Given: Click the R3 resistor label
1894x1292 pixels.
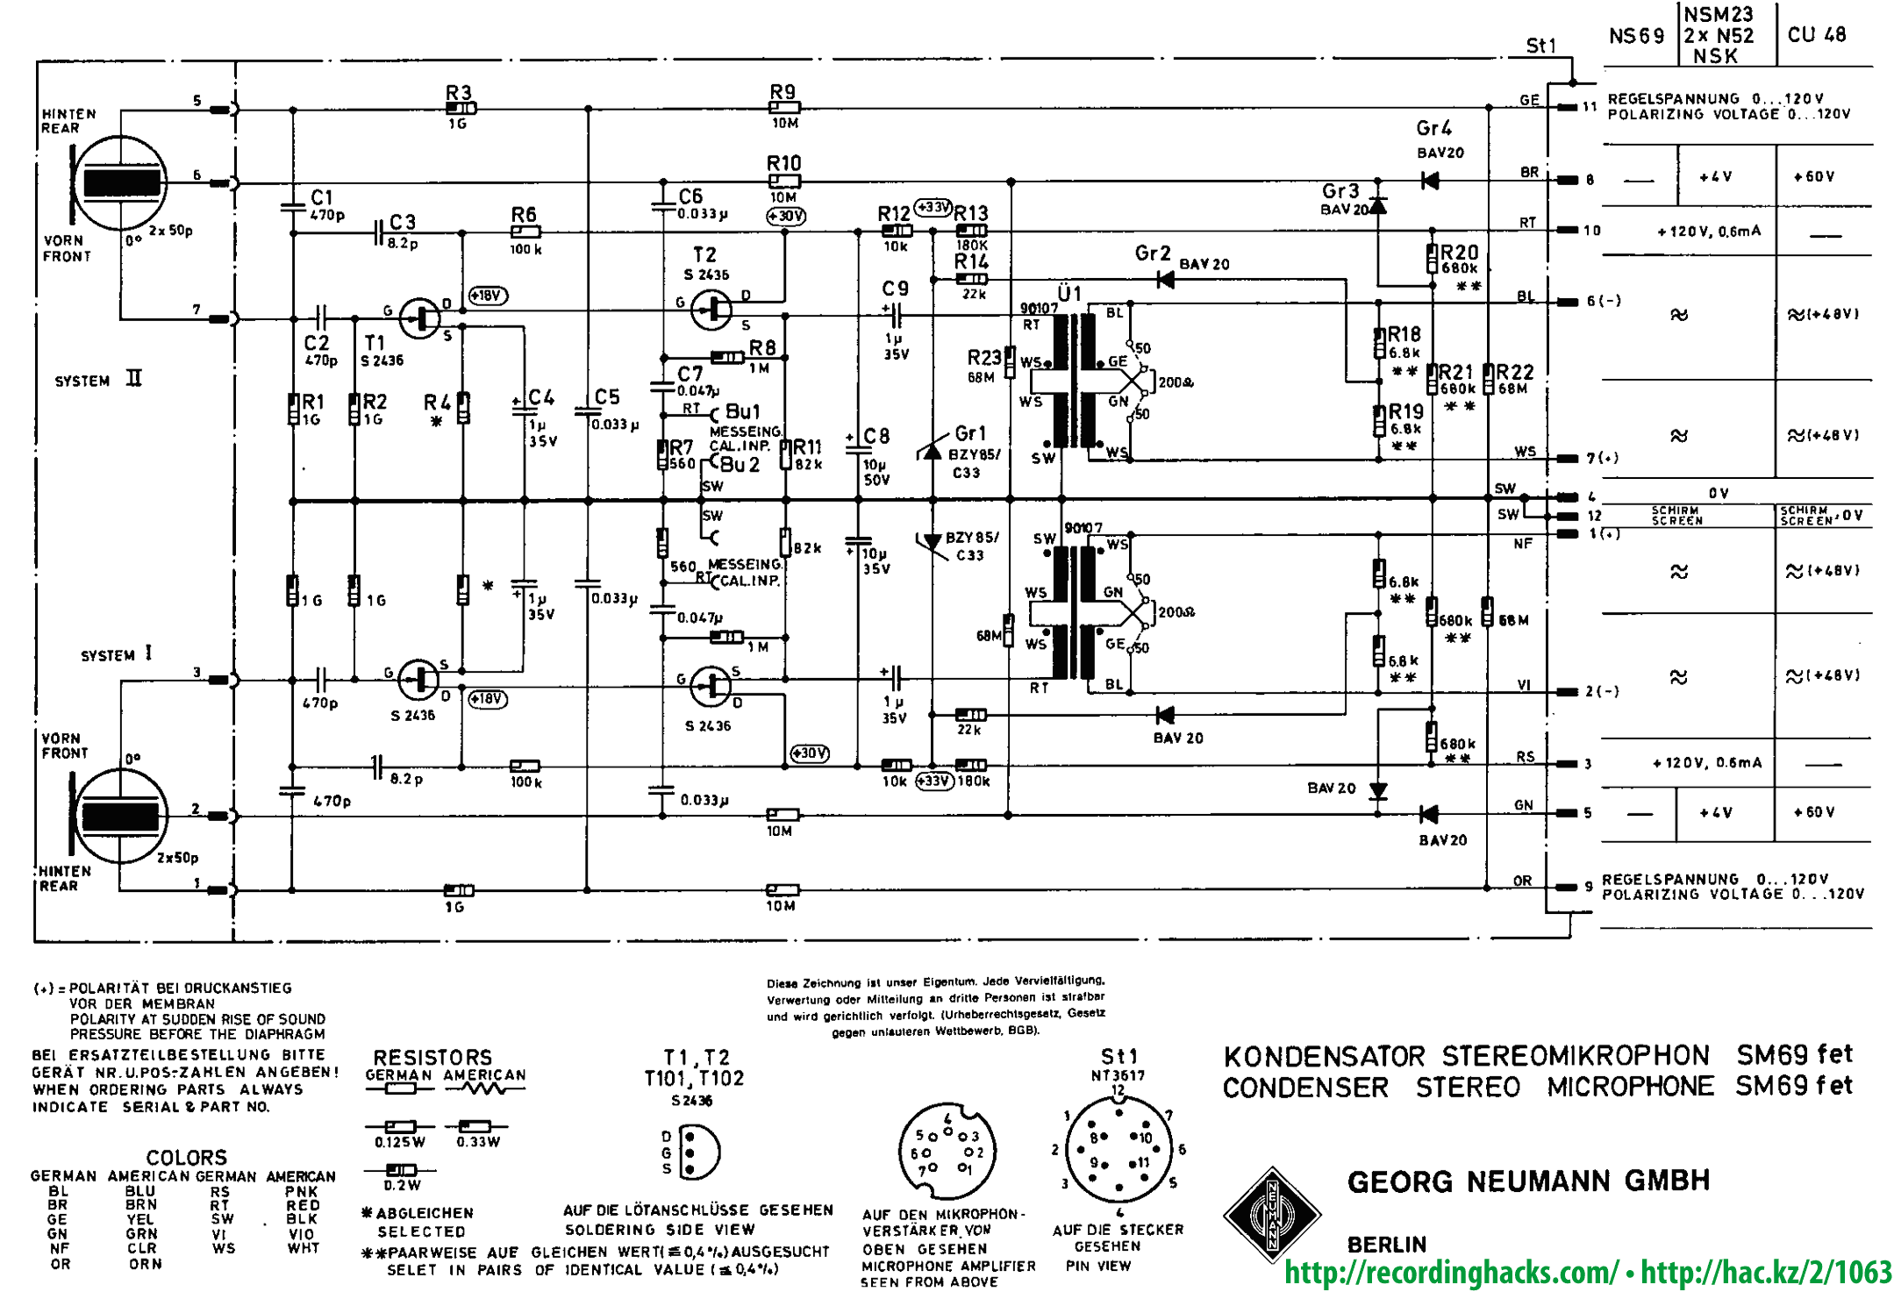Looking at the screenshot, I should [x=458, y=93].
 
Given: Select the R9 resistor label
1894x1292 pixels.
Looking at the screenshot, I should [x=783, y=92].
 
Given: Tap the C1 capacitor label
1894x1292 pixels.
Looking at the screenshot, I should [x=322, y=197].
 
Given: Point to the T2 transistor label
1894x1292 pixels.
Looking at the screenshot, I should [x=704, y=255].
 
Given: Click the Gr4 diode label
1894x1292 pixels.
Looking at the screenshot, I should [x=1433, y=129].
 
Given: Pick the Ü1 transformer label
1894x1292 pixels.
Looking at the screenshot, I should [x=1069, y=294].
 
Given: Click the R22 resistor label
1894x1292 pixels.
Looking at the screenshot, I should [x=1515, y=373].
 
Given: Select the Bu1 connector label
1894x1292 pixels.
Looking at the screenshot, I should [x=742, y=411].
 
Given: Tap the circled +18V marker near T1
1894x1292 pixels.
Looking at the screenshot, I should [x=488, y=296].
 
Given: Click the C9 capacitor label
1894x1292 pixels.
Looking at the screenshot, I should [x=896, y=289].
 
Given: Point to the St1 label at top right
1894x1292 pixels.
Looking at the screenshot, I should [x=1540, y=46].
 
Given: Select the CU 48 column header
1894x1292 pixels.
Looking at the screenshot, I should [x=1817, y=35].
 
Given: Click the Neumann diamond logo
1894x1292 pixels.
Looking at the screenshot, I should [x=1272, y=1215].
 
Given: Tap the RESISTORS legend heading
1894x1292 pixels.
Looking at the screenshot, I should [x=432, y=1057].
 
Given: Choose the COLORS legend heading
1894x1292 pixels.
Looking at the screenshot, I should [x=186, y=1158].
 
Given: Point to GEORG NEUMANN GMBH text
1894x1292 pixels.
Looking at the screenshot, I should [x=1528, y=1181].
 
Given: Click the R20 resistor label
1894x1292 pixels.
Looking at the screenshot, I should [x=1459, y=253].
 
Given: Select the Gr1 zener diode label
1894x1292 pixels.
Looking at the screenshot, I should [x=970, y=433].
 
